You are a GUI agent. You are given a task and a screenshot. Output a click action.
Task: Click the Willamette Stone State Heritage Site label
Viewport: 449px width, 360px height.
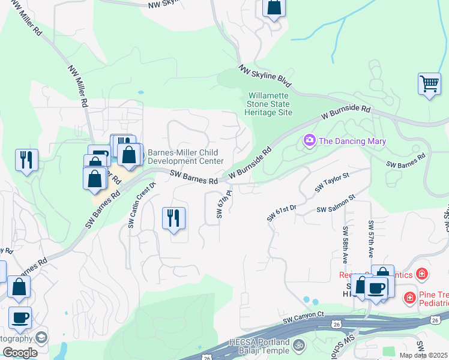tap(270, 104)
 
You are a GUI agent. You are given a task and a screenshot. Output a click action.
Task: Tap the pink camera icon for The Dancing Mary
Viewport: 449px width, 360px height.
tap(310, 141)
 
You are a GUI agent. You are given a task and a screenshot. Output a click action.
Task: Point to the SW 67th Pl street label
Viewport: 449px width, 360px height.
tap(224, 204)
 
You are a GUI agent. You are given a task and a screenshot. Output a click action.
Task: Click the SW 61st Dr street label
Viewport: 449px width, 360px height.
tap(282, 212)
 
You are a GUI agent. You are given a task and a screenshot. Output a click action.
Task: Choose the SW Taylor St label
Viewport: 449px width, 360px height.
tap(332, 181)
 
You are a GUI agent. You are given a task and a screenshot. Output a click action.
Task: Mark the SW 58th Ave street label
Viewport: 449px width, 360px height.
tap(346, 245)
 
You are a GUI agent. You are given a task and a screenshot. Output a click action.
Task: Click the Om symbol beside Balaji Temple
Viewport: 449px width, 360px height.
tap(299, 346)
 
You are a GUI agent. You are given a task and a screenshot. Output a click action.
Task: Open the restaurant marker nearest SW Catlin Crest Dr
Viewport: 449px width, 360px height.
tap(173, 217)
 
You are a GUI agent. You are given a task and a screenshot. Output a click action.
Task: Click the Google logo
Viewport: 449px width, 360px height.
tap(20, 353)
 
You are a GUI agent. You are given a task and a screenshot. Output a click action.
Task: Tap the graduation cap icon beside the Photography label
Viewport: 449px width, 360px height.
tap(41, 338)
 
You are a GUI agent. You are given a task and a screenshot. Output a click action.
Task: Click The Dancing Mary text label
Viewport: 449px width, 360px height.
tap(352, 141)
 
